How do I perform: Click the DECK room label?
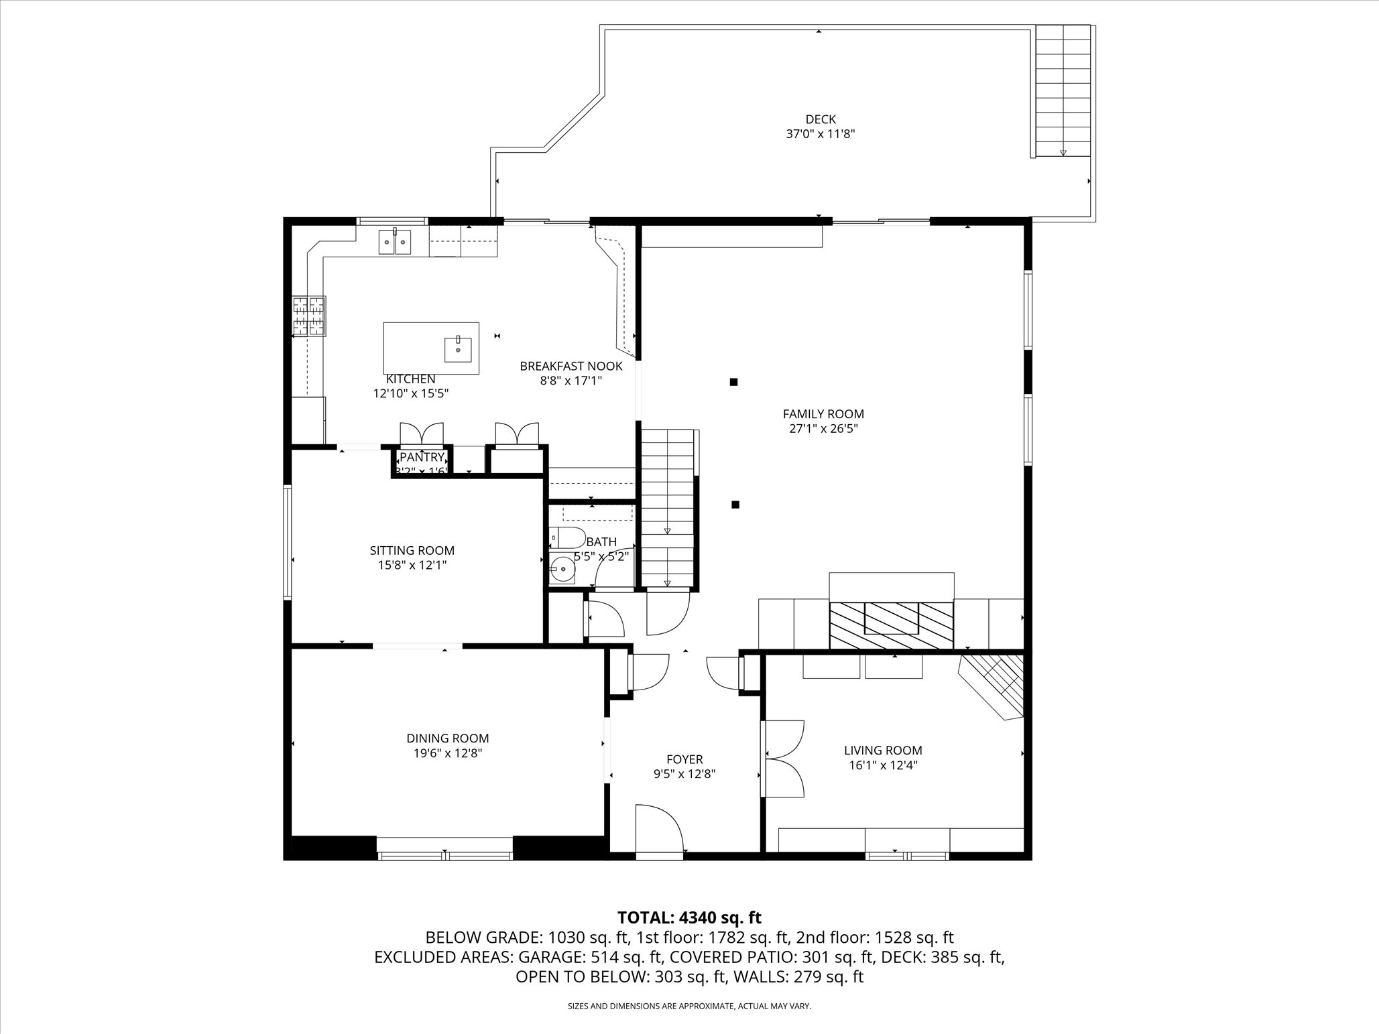[821, 119]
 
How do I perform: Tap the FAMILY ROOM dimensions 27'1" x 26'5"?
[823, 429]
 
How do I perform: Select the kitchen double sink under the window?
[395, 241]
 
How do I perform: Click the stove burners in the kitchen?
[308, 316]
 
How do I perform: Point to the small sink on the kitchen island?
[458, 348]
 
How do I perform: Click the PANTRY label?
[422, 457]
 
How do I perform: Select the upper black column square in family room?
[733, 382]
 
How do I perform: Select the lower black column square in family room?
[735, 505]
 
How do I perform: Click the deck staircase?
[1063, 90]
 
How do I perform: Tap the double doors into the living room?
[783, 758]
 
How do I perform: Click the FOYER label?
[684, 759]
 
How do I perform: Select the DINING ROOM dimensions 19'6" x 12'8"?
[447, 753]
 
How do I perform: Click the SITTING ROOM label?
[412, 550]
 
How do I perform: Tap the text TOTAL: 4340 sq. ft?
[689, 917]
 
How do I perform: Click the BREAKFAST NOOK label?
[571, 366]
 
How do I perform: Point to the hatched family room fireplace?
[891, 625]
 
